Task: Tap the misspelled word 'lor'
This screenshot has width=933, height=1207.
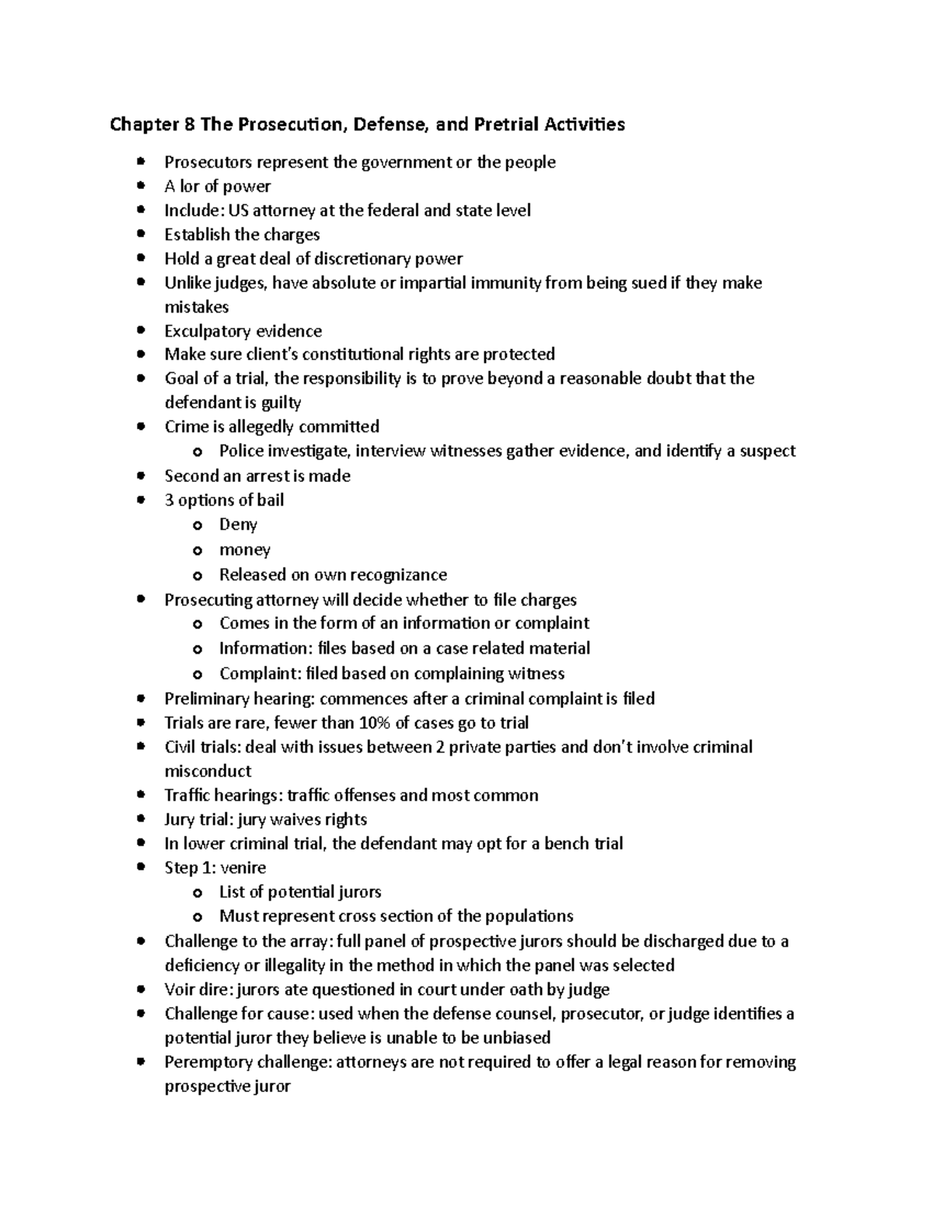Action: click(190, 187)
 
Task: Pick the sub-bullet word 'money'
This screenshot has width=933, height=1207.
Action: click(245, 550)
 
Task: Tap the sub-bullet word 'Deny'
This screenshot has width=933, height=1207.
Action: click(238, 525)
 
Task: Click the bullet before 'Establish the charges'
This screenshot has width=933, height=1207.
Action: click(141, 235)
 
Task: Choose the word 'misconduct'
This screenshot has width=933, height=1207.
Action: click(208, 771)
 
